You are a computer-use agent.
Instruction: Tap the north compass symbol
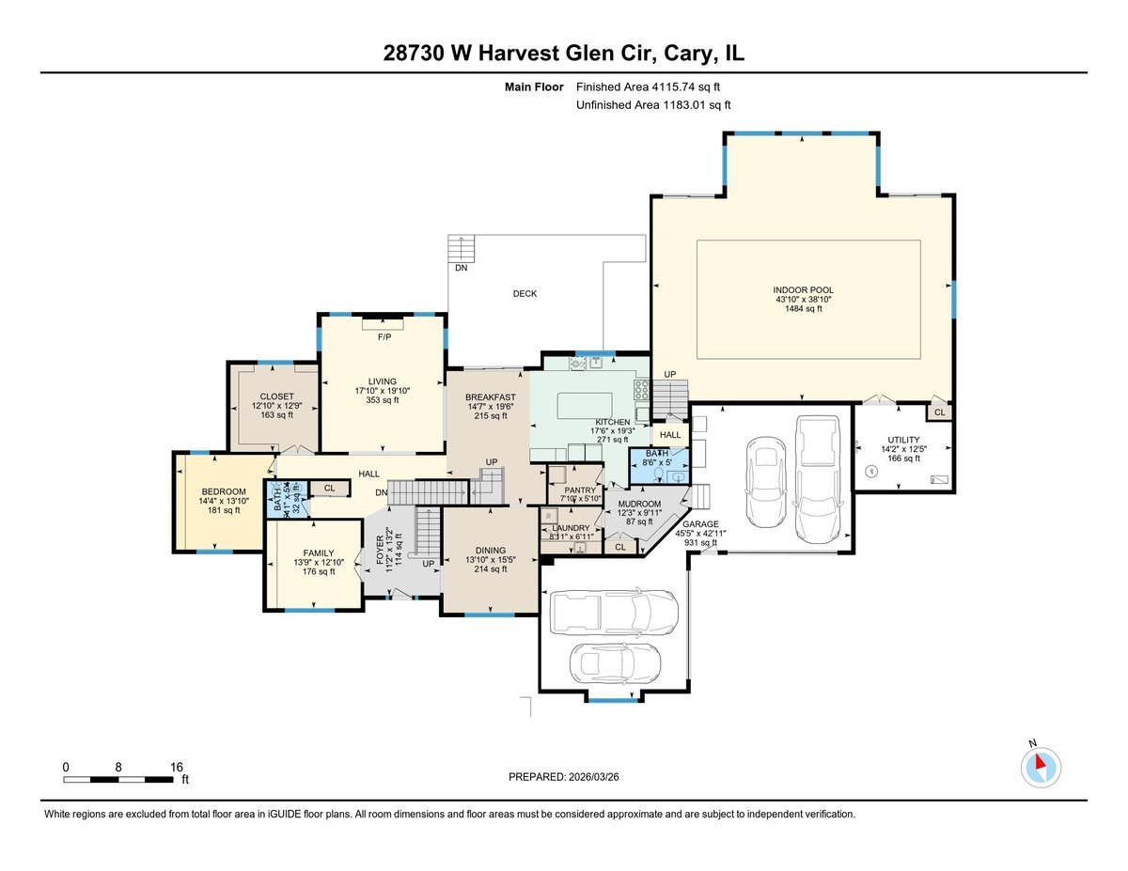[x=1040, y=767]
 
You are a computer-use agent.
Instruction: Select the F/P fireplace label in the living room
[x=384, y=336]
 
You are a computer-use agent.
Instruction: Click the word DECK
[x=525, y=294]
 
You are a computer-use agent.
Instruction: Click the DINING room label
[x=490, y=551]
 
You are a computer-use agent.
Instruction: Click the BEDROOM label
[x=224, y=491]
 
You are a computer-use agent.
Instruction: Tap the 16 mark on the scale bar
[x=177, y=767]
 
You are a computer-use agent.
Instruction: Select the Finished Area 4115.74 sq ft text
[x=653, y=86]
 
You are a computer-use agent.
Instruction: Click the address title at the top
[x=563, y=54]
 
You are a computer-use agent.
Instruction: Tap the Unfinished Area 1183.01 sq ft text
[x=653, y=105]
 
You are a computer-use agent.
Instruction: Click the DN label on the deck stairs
[x=461, y=268]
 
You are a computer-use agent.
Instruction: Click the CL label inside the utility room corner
[x=939, y=412]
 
